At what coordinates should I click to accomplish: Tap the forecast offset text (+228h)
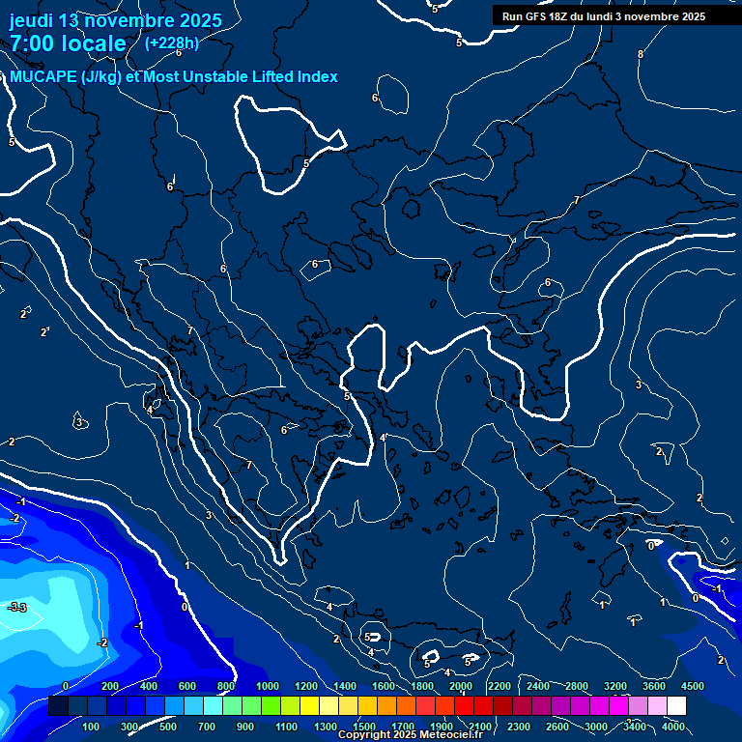171,43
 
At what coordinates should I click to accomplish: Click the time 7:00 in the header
32,43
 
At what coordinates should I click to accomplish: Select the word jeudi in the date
31,20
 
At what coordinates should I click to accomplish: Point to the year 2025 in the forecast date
199,20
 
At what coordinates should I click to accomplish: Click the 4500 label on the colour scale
693,686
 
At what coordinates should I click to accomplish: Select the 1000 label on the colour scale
267,686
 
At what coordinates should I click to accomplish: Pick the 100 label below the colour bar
92,727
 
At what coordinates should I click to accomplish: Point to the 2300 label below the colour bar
518,727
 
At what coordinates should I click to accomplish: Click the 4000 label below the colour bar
673,727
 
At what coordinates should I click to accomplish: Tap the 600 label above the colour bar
187,686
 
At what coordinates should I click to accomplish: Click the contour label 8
641,54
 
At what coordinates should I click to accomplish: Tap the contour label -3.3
17,607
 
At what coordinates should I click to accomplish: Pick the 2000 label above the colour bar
461,686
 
